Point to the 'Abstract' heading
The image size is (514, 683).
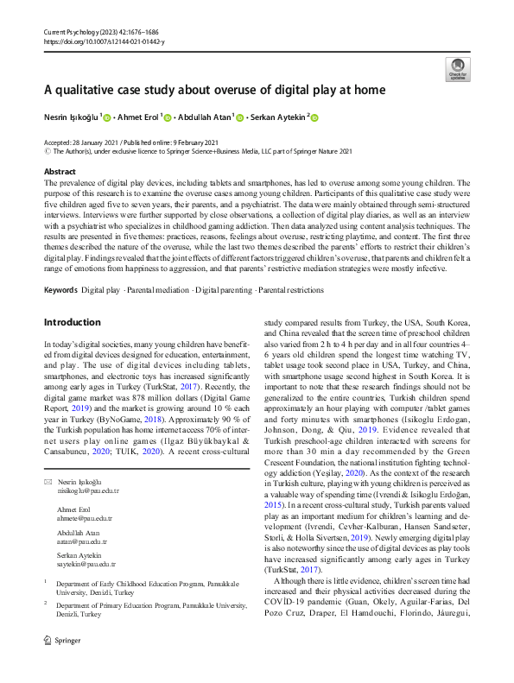pyautogui.click(x=59, y=171)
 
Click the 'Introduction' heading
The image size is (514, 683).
pyautogui.click(x=72, y=322)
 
